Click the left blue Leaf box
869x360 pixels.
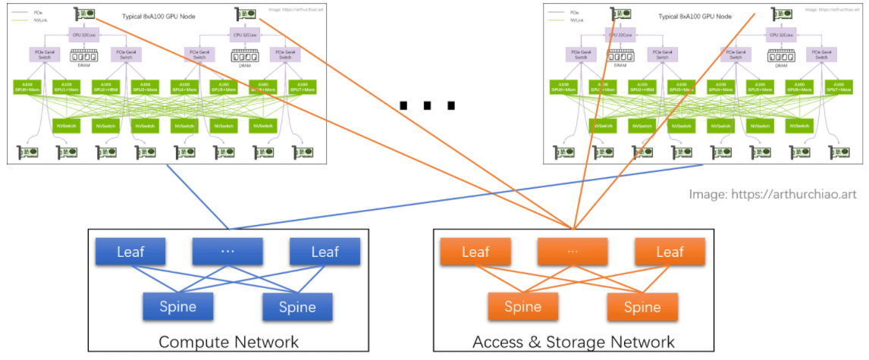(130, 252)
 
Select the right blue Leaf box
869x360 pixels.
(325, 252)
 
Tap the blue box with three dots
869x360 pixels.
(227, 252)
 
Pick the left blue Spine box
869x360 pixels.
(178, 306)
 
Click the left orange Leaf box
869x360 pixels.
(475, 252)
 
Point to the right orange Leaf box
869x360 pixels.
(670, 252)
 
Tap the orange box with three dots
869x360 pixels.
(573, 252)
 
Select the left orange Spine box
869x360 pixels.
(523, 307)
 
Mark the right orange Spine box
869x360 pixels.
(642, 307)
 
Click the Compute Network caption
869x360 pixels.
(228, 342)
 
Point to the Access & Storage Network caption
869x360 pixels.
(573, 342)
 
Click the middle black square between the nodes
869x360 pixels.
(428, 105)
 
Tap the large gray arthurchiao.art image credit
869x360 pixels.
(774, 194)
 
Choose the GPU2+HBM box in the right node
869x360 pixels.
(642, 87)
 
